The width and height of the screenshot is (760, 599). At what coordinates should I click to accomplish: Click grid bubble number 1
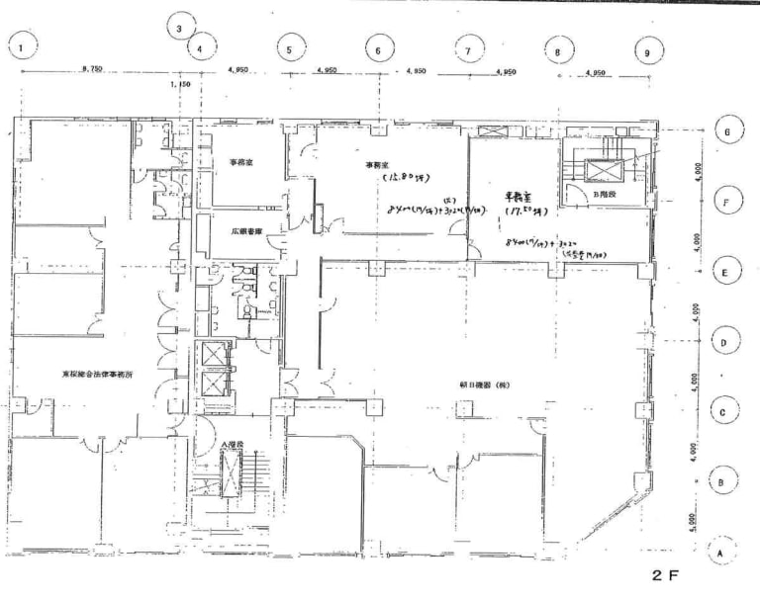[x=23, y=44]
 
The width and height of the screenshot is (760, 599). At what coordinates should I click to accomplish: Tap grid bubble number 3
[x=179, y=28]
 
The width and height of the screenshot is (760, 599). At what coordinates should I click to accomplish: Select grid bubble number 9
[x=646, y=52]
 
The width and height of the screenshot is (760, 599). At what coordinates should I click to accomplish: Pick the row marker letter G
[x=727, y=131]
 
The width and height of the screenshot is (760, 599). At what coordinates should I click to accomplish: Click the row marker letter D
[x=723, y=343]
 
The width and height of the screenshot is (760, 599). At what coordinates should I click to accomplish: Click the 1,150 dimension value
[x=180, y=86]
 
